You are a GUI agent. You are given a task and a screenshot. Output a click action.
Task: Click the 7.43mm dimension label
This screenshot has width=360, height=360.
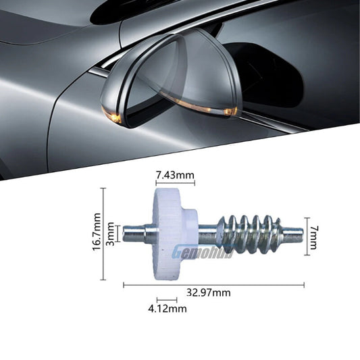point(175,176)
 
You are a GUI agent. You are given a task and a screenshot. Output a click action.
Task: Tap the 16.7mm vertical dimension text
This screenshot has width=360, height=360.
point(97,232)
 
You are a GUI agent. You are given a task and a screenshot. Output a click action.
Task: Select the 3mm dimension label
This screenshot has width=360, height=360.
point(111,234)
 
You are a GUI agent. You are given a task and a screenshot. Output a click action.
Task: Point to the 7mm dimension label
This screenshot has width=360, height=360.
point(313,237)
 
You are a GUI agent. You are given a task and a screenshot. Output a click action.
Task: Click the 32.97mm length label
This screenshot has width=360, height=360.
point(209,292)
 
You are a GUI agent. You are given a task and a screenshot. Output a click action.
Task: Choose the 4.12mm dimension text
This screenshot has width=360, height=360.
point(167,309)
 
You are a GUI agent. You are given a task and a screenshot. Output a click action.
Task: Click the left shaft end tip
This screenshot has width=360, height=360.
point(124,234)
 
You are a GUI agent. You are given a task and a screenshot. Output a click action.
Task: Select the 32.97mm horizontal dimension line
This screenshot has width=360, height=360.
point(213,286)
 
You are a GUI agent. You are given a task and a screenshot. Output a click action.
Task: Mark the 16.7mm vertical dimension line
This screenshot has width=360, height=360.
point(103,234)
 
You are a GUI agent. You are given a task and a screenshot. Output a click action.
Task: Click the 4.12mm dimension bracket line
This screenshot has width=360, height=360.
point(167,300)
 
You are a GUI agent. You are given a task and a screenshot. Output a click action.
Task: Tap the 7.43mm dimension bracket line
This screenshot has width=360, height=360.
point(176,183)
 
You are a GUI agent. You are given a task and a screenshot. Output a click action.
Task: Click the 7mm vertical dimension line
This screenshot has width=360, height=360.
point(307,236)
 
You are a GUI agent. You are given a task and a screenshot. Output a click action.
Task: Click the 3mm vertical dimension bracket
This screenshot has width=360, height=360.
point(118,234)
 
